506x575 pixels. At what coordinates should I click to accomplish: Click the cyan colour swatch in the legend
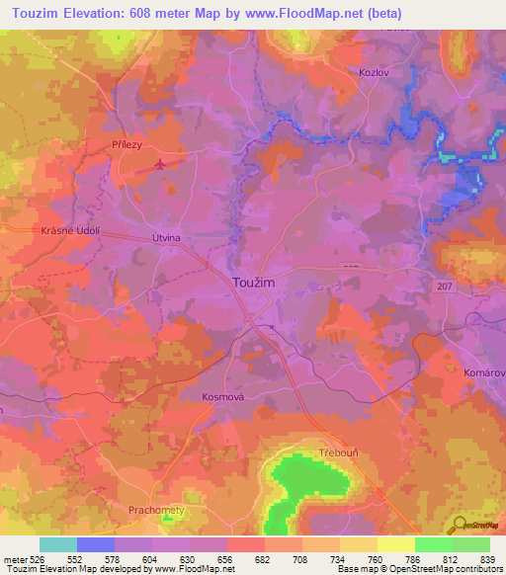pos(58,544)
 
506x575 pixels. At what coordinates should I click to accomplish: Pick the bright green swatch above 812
pos(434,544)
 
